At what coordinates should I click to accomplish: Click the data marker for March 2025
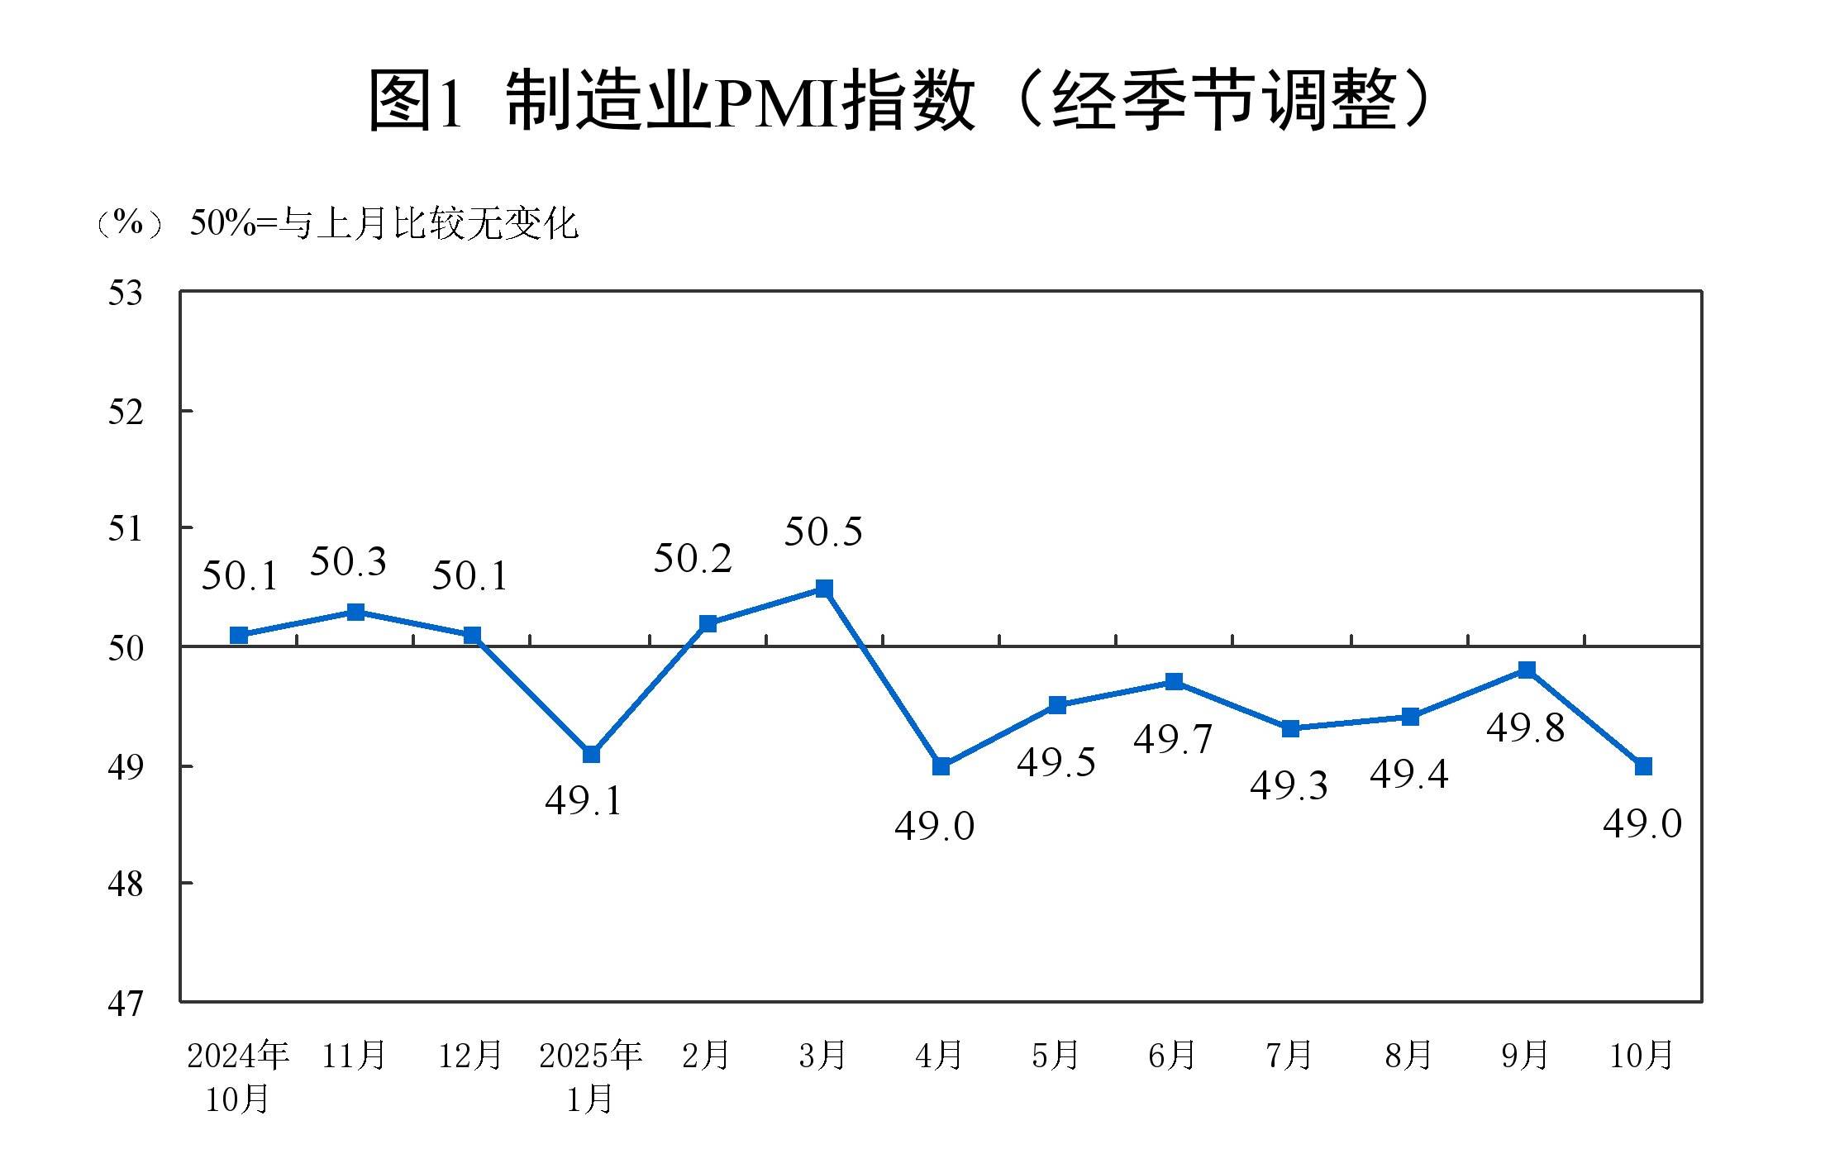824,589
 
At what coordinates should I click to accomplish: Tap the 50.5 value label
822,532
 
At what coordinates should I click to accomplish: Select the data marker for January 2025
591,754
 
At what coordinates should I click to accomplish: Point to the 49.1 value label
584,801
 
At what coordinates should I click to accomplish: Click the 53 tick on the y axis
126,293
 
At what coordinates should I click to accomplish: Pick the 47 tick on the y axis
126,1004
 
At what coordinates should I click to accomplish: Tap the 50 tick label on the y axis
126,648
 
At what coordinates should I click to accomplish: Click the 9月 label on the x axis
1525,1056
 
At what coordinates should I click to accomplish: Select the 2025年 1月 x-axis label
590,1076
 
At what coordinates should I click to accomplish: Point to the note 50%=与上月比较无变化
384,224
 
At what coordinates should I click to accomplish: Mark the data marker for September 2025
1527,670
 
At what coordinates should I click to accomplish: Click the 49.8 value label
1525,728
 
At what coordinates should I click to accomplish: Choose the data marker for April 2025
941,766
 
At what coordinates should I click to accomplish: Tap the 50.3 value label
348,562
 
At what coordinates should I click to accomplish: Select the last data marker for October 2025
1643,766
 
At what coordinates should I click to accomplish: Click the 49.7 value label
1172,739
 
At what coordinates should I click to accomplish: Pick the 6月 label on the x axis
1172,1056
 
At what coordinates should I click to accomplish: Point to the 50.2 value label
693,559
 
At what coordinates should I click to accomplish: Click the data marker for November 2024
355,612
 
